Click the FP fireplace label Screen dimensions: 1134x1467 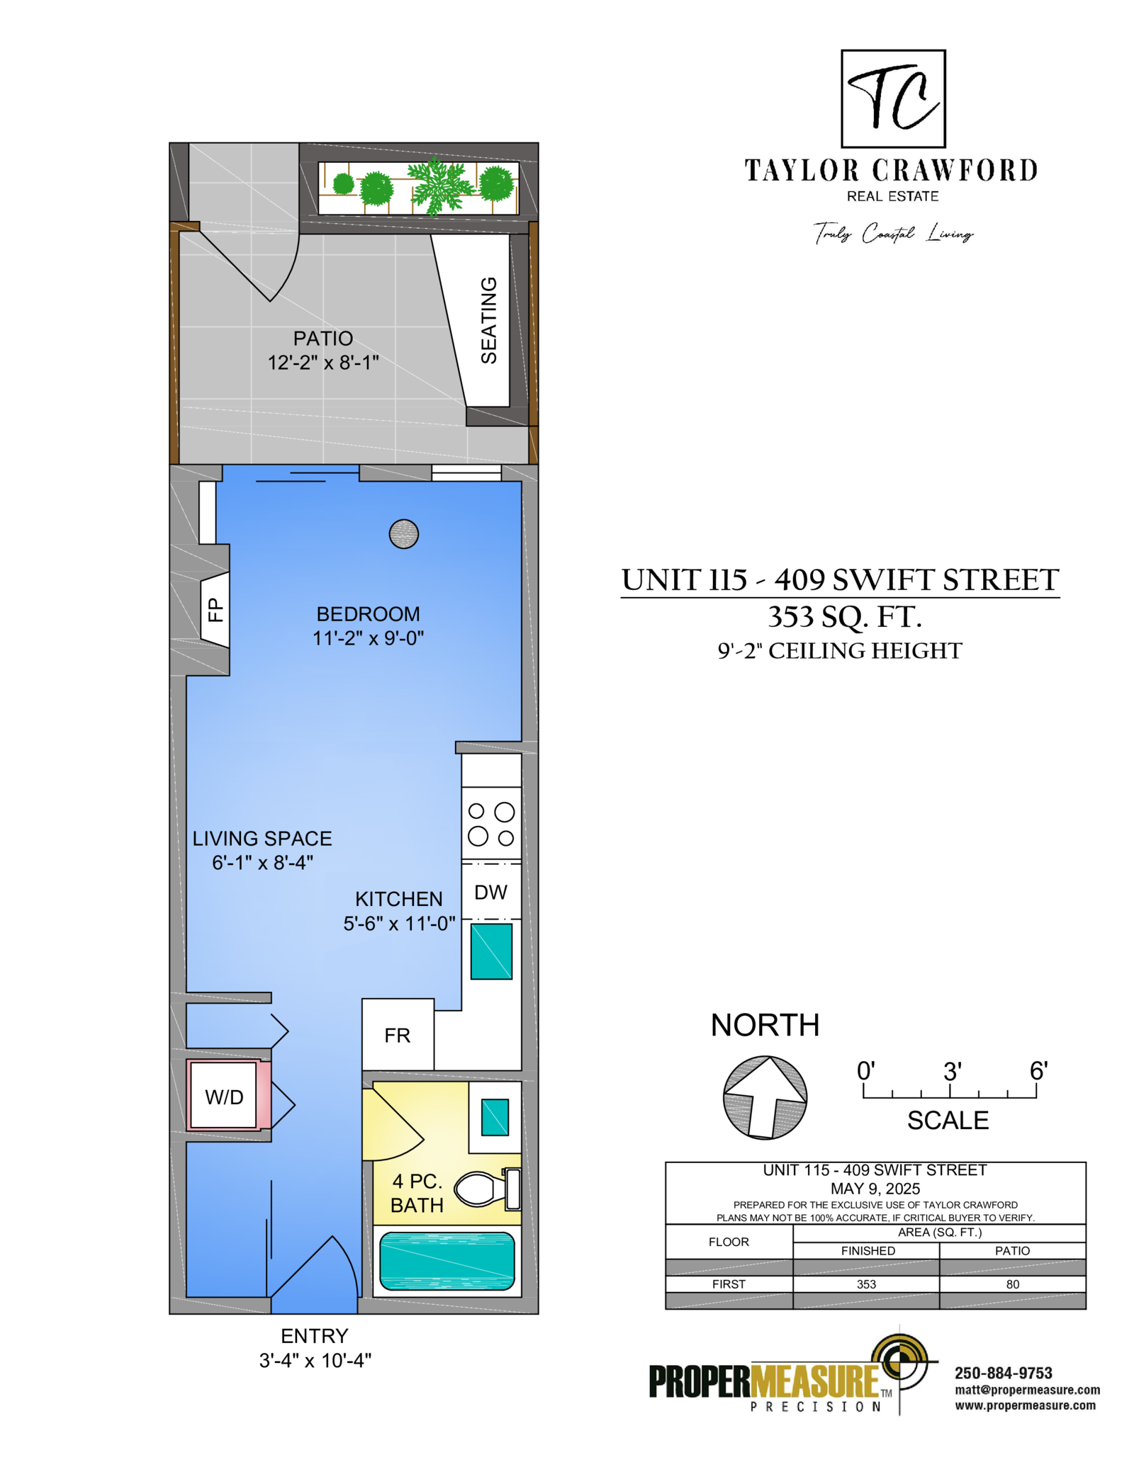215,609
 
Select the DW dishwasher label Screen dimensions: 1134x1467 490,892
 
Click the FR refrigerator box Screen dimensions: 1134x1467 398,1034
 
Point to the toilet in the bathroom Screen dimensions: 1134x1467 488,1189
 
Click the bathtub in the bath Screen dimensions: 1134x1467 447,1262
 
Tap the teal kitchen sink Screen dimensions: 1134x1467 491,951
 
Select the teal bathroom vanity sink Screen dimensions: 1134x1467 495,1117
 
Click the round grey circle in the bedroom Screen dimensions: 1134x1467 404,534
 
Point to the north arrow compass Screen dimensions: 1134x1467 765,1097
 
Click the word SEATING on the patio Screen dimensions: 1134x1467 489,320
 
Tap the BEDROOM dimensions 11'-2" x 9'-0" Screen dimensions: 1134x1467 369,638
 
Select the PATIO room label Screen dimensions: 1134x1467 323,338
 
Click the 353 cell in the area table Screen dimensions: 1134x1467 866,1284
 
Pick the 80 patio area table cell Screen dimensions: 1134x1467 1013,1284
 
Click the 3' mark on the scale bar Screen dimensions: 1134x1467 952,1072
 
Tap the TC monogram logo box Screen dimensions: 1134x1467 893,98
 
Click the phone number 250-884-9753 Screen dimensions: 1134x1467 1004,1373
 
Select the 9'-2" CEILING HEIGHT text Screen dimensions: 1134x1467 840,650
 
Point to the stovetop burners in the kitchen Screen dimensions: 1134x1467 491,824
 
